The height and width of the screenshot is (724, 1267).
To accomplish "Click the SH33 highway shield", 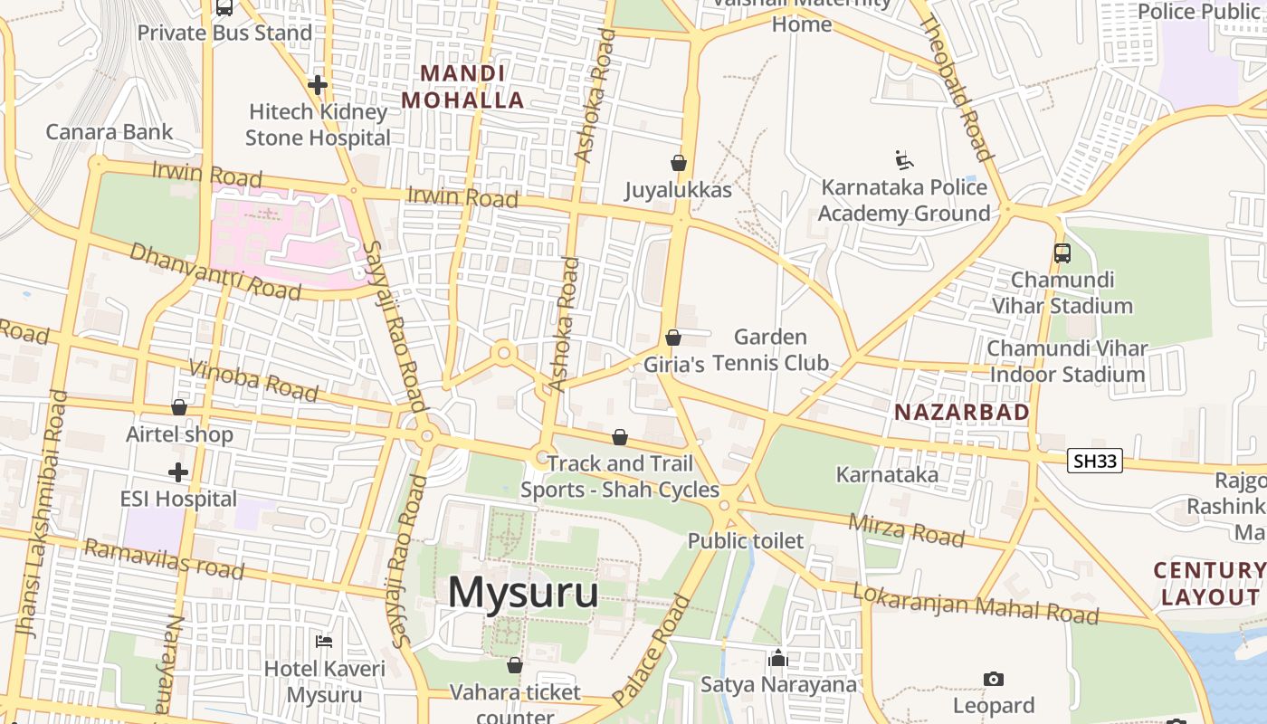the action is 1095,461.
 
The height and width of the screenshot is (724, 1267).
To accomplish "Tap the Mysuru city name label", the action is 523,593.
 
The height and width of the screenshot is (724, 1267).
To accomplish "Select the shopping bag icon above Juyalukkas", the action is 679,163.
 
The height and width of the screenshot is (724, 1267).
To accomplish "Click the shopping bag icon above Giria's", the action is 673,338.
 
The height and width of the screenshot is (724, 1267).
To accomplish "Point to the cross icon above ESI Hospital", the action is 178,472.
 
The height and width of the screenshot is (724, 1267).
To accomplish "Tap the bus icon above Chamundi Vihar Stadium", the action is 1062,253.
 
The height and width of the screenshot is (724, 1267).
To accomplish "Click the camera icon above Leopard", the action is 993,679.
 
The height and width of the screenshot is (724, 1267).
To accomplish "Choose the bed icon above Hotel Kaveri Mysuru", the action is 324,642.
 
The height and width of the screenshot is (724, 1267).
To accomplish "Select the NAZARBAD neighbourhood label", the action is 962,413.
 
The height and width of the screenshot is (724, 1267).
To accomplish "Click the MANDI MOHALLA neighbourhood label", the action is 462,87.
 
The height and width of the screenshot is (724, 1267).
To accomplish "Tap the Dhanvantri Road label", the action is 214,271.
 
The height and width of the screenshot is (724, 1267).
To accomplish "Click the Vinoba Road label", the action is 253,380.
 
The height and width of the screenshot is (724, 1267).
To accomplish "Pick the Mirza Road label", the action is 906,529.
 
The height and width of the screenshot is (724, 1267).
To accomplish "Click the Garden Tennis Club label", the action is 770,350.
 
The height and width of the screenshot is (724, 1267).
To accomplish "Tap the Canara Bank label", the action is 109,132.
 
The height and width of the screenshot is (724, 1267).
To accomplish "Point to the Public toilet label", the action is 746,541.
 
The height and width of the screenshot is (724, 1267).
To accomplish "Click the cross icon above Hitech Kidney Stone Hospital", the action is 318,85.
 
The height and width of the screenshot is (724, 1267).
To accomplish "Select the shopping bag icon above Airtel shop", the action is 179,408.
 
